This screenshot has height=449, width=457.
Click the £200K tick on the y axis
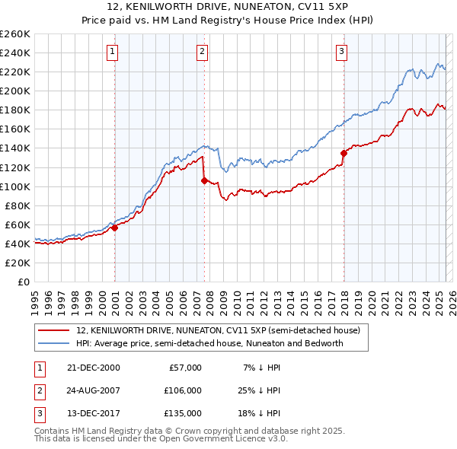[14, 91]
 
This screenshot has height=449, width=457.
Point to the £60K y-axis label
[17, 224]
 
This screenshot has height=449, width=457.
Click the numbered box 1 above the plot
[113, 52]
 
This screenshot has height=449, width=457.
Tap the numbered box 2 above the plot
[202, 52]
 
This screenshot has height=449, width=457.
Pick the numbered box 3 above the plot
[342, 52]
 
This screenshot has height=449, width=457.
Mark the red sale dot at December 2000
[114, 227]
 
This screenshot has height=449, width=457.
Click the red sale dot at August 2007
[204, 180]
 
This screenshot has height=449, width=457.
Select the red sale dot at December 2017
[344, 152]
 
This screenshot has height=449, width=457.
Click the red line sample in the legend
[53, 330]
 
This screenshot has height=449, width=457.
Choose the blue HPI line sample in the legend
[53, 343]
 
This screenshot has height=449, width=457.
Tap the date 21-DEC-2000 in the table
[94, 368]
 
